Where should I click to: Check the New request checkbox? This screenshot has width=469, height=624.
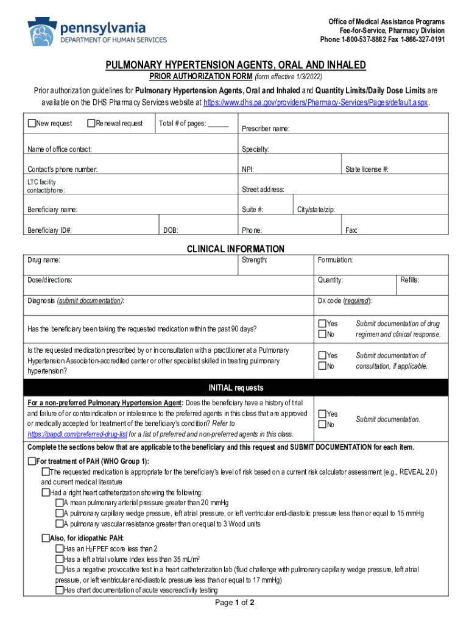click(x=32, y=124)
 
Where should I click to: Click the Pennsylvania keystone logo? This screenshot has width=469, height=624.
click(x=42, y=31)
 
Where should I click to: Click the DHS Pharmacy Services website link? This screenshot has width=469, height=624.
click(x=316, y=102)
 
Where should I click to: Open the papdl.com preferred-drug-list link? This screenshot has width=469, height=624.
click(x=77, y=434)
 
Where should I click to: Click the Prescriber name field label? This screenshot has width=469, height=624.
click(x=266, y=129)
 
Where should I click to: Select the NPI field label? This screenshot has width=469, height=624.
click(x=248, y=169)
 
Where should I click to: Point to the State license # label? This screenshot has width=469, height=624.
click(x=367, y=169)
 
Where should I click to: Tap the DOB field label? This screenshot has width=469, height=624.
click(x=171, y=230)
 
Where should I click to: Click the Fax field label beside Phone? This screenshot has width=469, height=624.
click(x=351, y=230)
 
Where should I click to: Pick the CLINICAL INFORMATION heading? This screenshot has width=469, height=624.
click(x=235, y=249)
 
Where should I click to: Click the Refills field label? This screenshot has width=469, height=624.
click(x=410, y=280)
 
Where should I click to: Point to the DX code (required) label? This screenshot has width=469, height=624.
click(x=344, y=301)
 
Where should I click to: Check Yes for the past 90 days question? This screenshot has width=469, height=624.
click(x=322, y=324)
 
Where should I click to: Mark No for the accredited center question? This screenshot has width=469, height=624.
click(x=322, y=366)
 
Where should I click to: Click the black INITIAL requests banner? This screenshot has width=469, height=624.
click(x=235, y=388)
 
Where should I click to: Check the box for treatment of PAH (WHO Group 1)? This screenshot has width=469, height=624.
click(x=32, y=461)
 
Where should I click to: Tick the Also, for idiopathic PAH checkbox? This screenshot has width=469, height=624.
click(x=46, y=537)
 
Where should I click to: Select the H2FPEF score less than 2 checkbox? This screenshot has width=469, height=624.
click(x=59, y=548)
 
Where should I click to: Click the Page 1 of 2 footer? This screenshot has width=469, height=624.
click(x=235, y=603)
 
